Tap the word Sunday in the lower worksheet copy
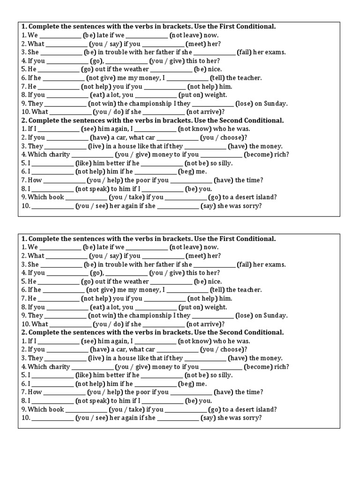[x=276, y=316]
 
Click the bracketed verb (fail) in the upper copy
[x=244, y=52]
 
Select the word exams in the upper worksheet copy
[x=276, y=52]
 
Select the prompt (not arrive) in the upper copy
[x=204, y=112]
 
